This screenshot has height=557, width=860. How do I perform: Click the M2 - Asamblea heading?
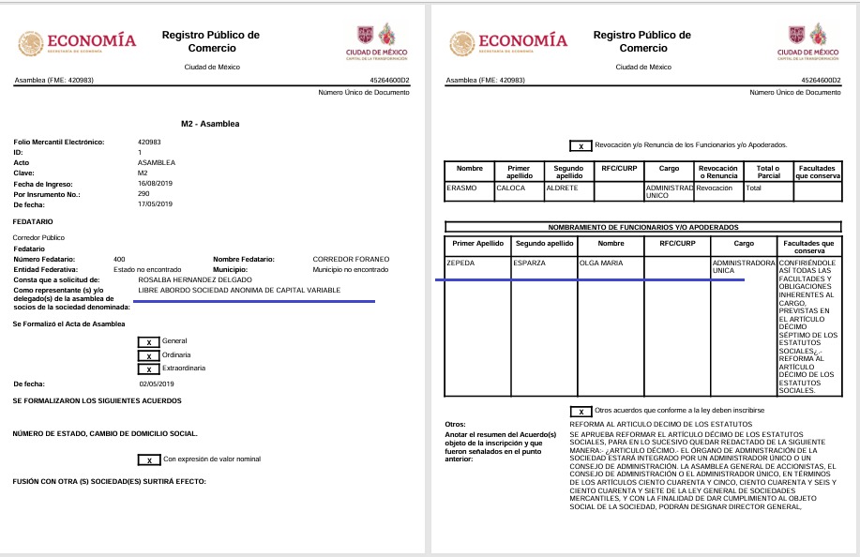210,124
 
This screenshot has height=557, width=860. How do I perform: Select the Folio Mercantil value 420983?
149,142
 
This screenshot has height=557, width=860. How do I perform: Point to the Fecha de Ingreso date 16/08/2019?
155,184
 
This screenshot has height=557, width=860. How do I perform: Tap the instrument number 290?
143,194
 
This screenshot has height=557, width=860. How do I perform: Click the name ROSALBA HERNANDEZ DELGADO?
194,279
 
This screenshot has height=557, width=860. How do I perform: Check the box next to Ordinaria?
148,355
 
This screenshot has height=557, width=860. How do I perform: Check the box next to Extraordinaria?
148,369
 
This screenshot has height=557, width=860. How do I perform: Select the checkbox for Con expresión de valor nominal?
148,459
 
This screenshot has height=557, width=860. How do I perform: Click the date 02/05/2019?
157,384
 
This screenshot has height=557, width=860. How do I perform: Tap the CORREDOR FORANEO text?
350,258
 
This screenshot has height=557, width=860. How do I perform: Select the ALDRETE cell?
562,188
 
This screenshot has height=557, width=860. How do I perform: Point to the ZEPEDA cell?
462,263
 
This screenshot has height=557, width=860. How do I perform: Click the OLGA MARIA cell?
601,263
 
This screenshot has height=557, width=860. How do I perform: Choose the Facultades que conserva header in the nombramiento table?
808,246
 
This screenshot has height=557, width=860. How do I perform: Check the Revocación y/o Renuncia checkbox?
581,146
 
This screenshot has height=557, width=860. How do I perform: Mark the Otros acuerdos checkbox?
581,411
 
